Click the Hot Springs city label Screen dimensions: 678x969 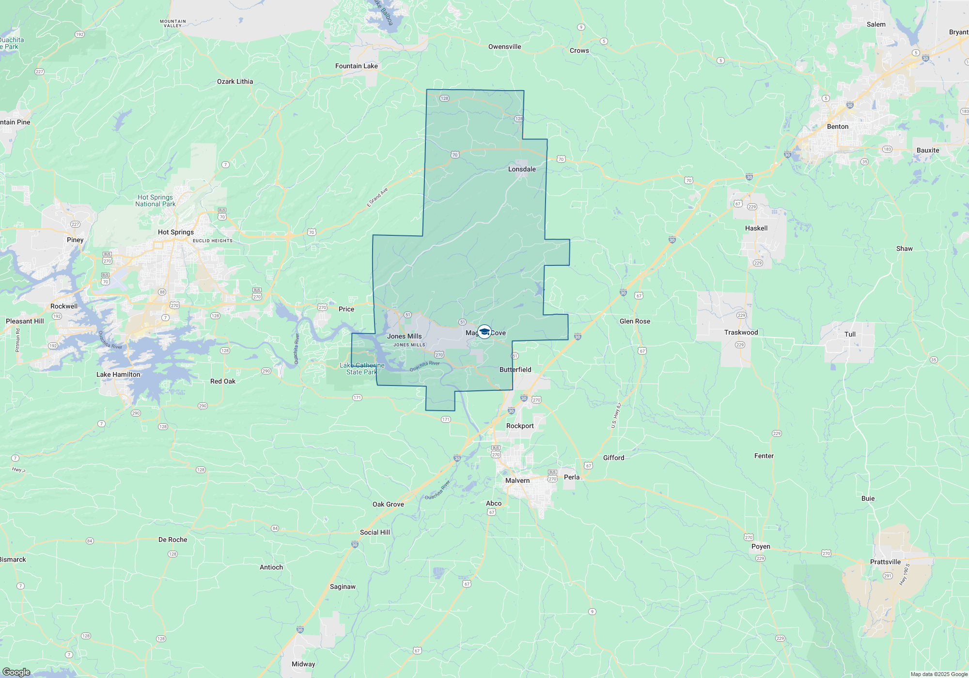click(x=175, y=232)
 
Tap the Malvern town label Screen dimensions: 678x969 click(x=517, y=481)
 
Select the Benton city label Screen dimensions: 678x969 click(x=838, y=127)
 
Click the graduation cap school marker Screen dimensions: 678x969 click(x=484, y=332)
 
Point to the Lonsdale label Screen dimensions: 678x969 click(x=522, y=169)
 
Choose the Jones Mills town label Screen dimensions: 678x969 click(x=404, y=337)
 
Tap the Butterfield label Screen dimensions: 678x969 click(x=515, y=370)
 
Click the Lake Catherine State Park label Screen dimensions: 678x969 click(x=362, y=369)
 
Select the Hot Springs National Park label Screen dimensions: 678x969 click(x=155, y=201)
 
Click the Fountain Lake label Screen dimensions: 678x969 click(x=356, y=66)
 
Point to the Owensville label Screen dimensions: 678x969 click(x=504, y=47)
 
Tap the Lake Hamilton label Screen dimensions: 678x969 click(x=118, y=375)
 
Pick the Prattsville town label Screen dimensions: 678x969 click(x=885, y=562)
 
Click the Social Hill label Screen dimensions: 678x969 click(x=375, y=533)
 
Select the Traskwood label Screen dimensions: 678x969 click(x=741, y=333)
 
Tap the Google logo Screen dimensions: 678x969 click(x=16, y=672)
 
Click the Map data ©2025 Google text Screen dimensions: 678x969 click(x=939, y=674)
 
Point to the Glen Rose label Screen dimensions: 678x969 click(x=635, y=322)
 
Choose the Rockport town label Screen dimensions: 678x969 click(x=520, y=426)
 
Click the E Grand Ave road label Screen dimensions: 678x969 click(x=377, y=198)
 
